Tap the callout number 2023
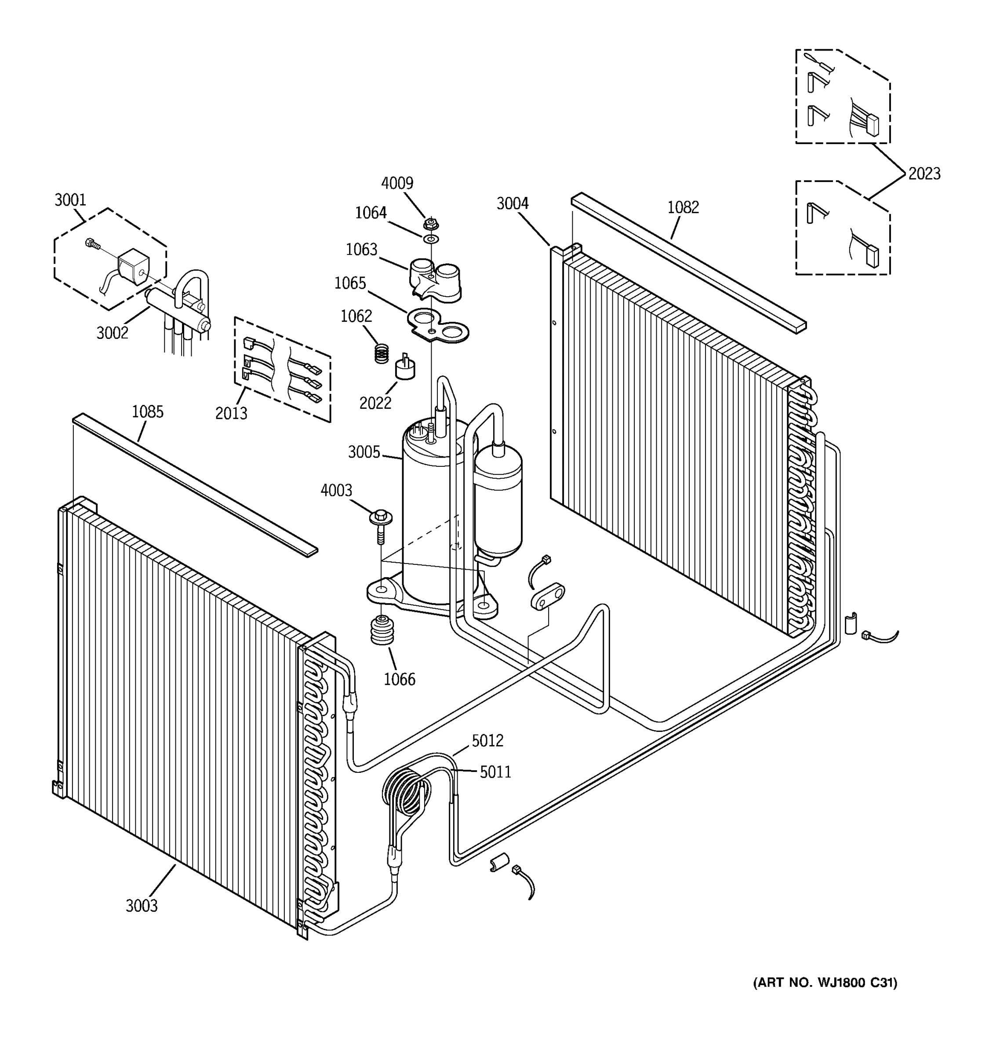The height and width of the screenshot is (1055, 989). pyautogui.click(x=924, y=174)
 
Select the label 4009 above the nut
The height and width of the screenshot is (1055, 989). pyautogui.click(x=397, y=183)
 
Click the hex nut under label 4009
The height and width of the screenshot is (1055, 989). pyautogui.click(x=431, y=223)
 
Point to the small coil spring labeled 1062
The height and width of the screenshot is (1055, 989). pyautogui.click(x=382, y=353)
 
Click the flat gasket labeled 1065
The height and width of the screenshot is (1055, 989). pyautogui.click(x=438, y=326)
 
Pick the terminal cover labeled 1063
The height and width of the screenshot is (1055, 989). pyautogui.click(x=435, y=279)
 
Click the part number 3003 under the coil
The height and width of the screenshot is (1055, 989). pyautogui.click(x=141, y=906)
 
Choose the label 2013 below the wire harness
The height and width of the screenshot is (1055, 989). pyautogui.click(x=231, y=413)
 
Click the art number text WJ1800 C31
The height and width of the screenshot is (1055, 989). pyautogui.click(x=825, y=983)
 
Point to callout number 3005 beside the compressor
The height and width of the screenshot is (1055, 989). pyautogui.click(x=364, y=452)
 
